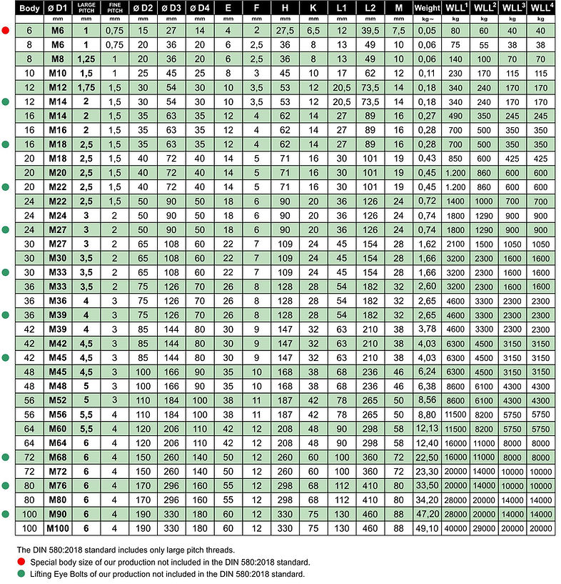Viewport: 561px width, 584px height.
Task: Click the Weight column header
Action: (427, 9)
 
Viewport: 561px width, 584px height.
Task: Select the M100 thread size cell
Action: (59, 528)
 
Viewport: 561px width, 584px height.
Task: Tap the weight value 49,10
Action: (427, 528)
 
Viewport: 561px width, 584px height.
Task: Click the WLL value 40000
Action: (455, 528)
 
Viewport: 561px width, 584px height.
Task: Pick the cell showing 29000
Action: (483, 528)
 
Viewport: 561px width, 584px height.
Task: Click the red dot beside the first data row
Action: (5, 31)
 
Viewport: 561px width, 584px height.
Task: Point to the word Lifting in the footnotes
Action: (39, 573)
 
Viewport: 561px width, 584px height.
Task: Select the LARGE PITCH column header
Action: (86, 9)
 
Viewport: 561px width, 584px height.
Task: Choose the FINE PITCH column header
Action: (113, 9)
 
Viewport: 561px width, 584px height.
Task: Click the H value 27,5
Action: (285, 31)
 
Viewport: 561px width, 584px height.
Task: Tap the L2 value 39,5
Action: (370, 31)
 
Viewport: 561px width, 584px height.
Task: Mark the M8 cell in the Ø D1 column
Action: (59, 59)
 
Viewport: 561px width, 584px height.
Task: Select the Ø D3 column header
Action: (171, 9)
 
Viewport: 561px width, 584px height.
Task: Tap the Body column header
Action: (29, 9)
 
